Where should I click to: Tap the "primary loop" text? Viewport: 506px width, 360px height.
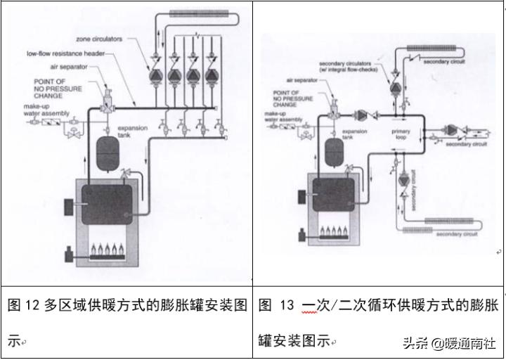tap(400, 135)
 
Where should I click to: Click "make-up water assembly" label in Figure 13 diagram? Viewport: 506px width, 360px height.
tap(280, 117)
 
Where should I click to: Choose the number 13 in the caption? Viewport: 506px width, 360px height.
tap(287, 306)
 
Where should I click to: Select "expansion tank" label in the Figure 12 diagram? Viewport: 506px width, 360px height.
tap(131, 132)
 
